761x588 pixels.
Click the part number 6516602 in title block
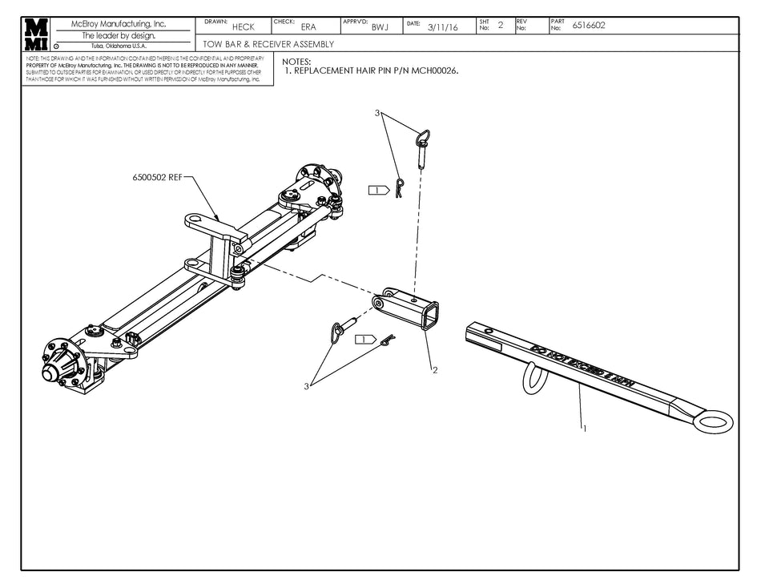(x=589, y=25)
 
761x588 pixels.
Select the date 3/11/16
(x=442, y=26)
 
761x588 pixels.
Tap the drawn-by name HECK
(x=243, y=26)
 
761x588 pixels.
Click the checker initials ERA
(x=308, y=26)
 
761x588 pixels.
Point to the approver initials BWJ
(x=379, y=26)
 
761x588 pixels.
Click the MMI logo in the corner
(x=36, y=34)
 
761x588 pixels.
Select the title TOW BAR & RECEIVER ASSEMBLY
(x=268, y=45)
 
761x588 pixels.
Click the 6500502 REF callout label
(x=157, y=178)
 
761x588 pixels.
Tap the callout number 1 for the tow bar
(x=586, y=428)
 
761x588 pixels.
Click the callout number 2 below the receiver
(x=434, y=370)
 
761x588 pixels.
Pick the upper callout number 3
(x=376, y=114)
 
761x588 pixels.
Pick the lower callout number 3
(x=305, y=386)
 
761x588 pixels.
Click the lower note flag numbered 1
(x=365, y=339)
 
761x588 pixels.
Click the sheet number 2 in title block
(x=501, y=25)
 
